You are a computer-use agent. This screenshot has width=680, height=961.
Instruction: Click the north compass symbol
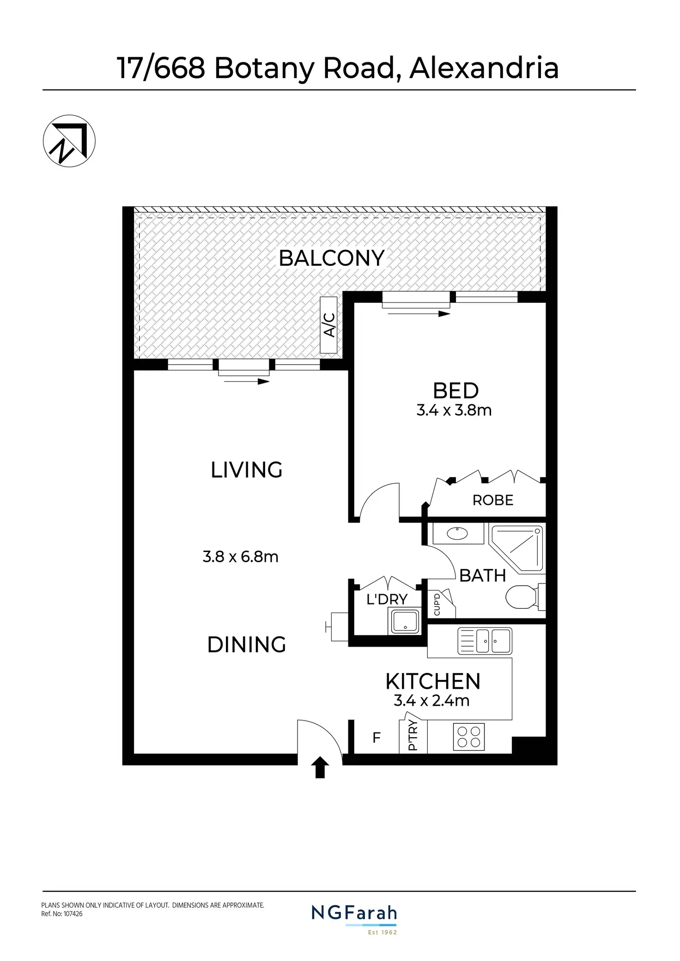click(x=69, y=140)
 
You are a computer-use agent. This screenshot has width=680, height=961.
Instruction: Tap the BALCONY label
click(x=332, y=258)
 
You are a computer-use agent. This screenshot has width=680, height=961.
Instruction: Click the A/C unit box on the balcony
click(x=328, y=325)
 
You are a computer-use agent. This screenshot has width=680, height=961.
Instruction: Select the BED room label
click(x=455, y=391)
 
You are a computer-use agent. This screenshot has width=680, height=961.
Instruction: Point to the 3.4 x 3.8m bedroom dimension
click(x=454, y=410)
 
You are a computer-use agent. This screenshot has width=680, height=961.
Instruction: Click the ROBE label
click(x=492, y=500)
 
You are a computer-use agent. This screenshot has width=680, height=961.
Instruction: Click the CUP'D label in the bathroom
click(x=437, y=605)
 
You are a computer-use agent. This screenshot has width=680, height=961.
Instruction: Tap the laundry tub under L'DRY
click(x=405, y=621)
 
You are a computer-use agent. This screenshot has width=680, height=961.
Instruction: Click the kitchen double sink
click(x=485, y=641)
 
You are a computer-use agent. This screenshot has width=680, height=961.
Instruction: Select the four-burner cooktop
click(x=469, y=737)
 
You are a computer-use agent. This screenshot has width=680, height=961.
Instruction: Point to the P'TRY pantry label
click(x=413, y=735)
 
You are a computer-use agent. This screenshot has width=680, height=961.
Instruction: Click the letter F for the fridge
click(x=376, y=738)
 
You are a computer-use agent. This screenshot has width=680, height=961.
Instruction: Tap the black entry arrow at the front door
click(x=320, y=768)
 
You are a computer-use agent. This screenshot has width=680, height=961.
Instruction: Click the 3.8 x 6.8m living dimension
click(x=240, y=557)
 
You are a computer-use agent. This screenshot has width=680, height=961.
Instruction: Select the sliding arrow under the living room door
click(x=245, y=381)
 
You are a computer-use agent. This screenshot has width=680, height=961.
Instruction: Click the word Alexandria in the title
click(x=484, y=68)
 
